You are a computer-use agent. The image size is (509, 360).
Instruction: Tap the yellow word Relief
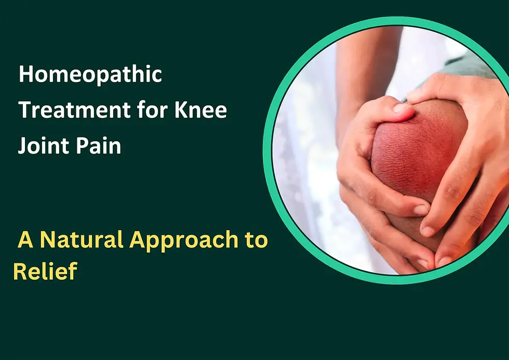pyautogui.click(x=45, y=271)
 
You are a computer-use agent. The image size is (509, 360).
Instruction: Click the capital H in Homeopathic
pyautogui.click(x=25, y=75)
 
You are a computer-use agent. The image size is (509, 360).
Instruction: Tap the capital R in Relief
pyautogui.click(x=20, y=271)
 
